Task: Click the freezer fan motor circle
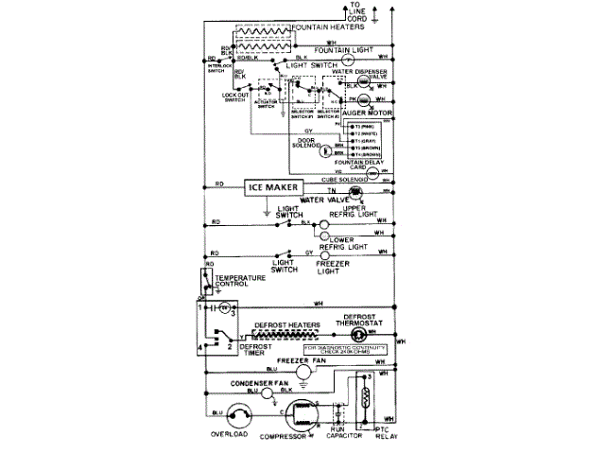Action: (x=302, y=374)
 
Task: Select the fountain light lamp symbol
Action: (x=360, y=57)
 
